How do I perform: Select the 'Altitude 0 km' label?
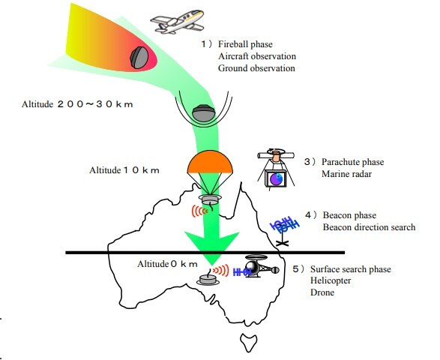click(x=167, y=264)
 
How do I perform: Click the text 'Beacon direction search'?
click(x=368, y=226)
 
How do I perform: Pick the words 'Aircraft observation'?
click(x=257, y=56)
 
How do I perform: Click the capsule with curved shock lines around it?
click(x=203, y=113)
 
